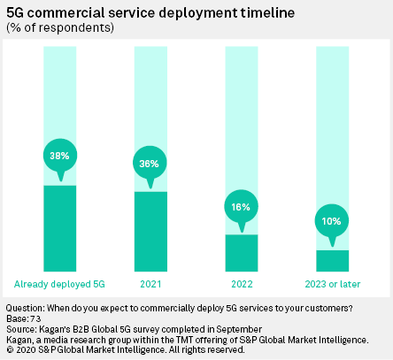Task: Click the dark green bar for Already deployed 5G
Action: [x=59, y=227]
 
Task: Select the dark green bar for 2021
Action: [x=150, y=231]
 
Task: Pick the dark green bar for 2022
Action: [x=241, y=252]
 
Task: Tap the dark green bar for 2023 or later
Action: [x=332, y=260]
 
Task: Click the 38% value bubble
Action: [x=59, y=156]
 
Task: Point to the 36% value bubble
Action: [x=150, y=163]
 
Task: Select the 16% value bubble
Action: [x=241, y=206]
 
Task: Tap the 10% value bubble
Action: [x=332, y=220]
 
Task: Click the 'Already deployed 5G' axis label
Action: [x=59, y=284]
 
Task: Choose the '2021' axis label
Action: [x=150, y=284]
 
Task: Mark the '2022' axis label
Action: [x=241, y=284]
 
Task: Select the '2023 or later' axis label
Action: [x=332, y=284]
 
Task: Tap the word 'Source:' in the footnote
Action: [x=21, y=329]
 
